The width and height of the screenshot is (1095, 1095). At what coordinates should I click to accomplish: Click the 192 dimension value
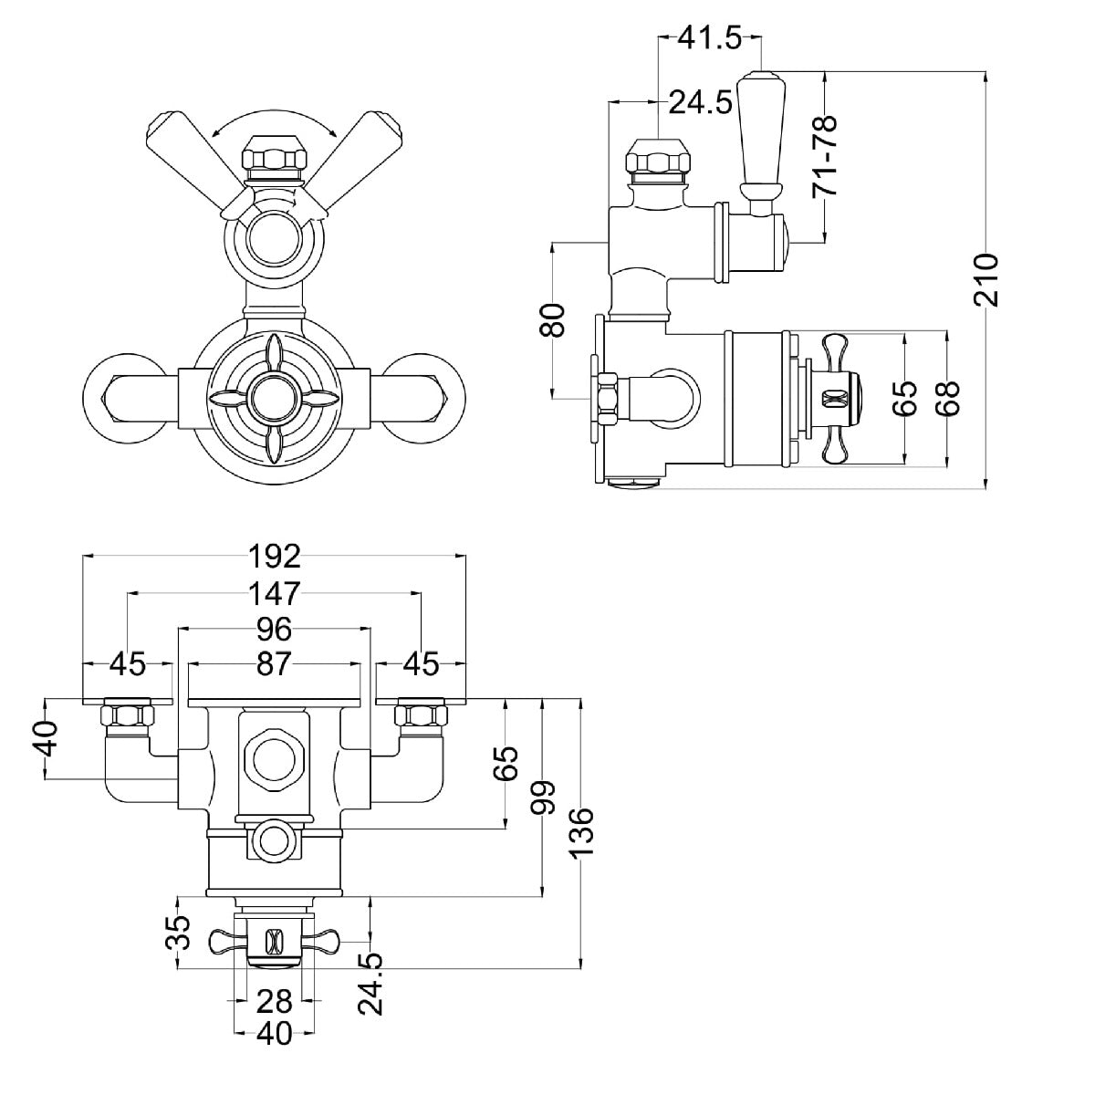pyautogui.click(x=274, y=555)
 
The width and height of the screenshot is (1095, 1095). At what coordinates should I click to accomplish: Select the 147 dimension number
pyautogui.click(x=274, y=593)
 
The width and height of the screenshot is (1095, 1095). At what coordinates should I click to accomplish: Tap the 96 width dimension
pyautogui.click(x=274, y=629)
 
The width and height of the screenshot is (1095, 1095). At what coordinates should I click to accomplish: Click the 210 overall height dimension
pyautogui.click(x=987, y=280)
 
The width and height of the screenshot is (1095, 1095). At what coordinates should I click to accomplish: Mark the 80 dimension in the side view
pyautogui.click(x=554, y=319)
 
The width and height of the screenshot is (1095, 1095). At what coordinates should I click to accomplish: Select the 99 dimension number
pyautogui.click(x=545, y=799)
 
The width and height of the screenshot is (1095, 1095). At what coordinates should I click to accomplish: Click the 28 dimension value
pyautogui.click(x=274, y=1001)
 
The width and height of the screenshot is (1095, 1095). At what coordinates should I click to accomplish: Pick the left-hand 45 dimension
pyautogui.click(x=128, y=664)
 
